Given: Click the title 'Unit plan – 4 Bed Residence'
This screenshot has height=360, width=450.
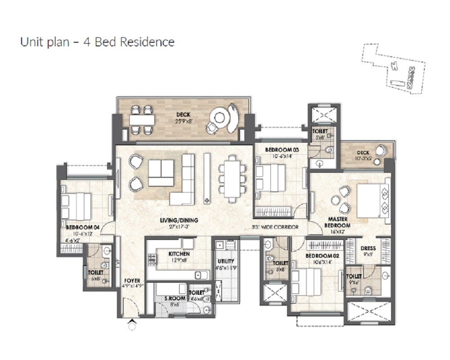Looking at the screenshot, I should (97, 42).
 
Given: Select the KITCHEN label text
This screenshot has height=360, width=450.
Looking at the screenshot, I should (179, 254).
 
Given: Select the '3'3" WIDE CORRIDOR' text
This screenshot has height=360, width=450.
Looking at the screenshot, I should (275, 228).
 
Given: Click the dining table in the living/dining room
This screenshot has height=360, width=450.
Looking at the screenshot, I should (232, 179).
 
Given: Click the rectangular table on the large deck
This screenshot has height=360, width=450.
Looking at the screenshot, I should (142, 120).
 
